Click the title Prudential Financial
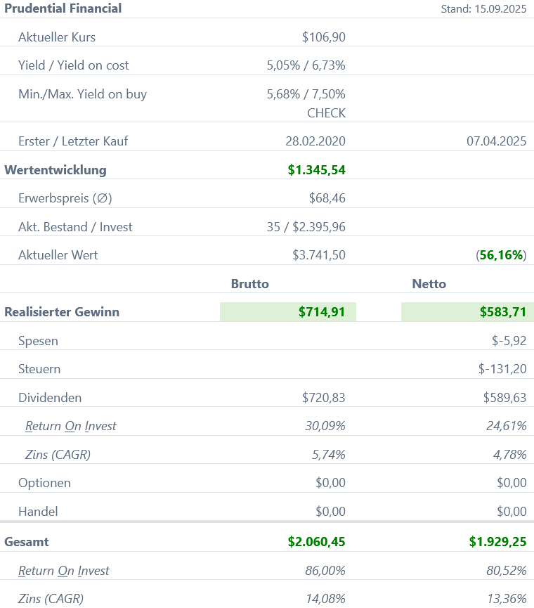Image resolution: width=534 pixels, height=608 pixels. point(63,8)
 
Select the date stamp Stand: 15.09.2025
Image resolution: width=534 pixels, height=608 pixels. point(483,9)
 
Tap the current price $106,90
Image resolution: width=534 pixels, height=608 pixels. point(323,37)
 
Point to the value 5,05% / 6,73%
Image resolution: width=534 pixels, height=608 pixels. point(306,65)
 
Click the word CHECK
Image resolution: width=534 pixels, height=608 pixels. point(326,112)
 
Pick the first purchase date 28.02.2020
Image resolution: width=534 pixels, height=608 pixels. point(315,141)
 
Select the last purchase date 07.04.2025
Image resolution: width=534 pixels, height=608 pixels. point(496,141)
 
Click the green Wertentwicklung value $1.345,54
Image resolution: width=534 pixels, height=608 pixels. point(316,170)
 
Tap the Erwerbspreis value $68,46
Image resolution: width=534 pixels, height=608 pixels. point(327,198)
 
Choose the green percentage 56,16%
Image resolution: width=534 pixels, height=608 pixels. point(502,255)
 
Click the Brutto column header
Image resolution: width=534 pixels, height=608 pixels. point(250,284)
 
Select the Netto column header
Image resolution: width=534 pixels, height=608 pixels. point(429,284)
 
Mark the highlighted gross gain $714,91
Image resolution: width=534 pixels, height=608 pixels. point(321,312)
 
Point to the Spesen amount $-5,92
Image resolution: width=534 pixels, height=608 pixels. point(509,341)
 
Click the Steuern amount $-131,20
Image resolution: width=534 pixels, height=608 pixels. point(502,369)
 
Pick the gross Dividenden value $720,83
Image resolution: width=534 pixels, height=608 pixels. point(323,398)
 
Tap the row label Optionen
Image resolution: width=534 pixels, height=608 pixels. point(44,483)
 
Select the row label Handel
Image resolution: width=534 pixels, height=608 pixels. point(38,512)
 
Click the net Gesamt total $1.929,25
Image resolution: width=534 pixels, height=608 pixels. point(497,542)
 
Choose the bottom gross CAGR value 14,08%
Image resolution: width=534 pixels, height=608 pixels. point(325,599)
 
